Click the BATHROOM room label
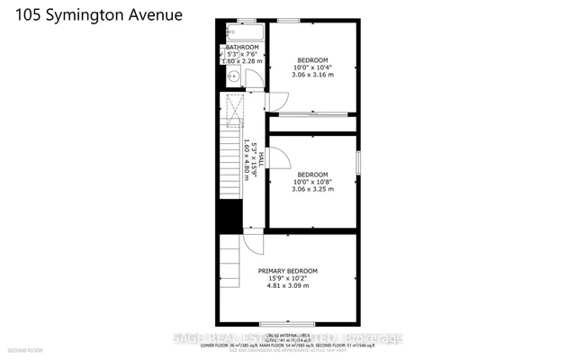tap(242, 48)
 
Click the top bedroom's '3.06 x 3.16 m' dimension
tap(312, 75)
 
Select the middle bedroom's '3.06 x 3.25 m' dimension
tap(312, 190)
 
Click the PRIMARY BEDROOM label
tap(288, 271)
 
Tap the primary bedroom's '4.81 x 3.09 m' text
tap(288, 287)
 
